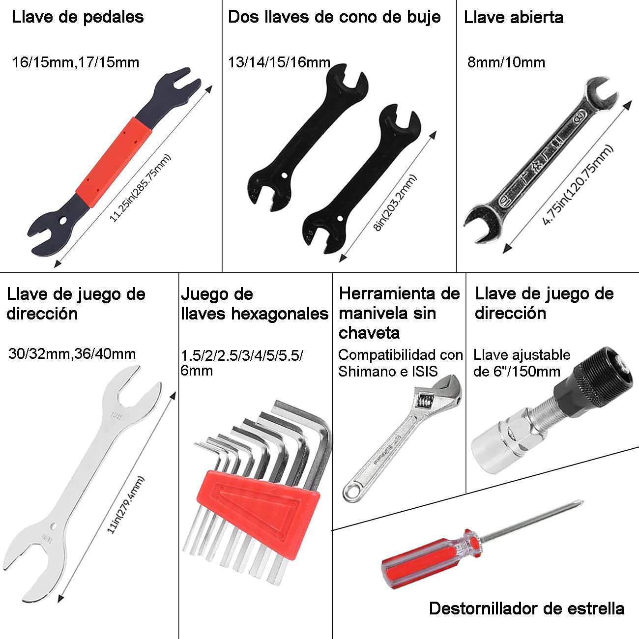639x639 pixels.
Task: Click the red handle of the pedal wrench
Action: [x=114, y=156]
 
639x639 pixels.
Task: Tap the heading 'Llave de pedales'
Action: [x=78, y=17]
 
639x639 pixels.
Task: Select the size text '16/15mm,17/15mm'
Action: [x=76, y=62]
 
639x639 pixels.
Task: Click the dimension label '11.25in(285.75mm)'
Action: [x=140, y=188]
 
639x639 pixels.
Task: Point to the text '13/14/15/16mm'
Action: [x=279, y=62]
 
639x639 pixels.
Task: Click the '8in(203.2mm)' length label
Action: [x=395, y=203]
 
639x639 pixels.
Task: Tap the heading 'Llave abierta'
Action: [x=513, y=17]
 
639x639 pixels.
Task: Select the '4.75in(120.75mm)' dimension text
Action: [x=578, y=185]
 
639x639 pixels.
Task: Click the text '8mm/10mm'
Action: [x=506, y=62]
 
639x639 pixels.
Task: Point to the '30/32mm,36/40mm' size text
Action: [x=72, y=353]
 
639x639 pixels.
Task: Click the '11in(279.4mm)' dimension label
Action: [x=126, y=505]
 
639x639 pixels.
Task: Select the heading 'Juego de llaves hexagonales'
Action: [x=254, y=304]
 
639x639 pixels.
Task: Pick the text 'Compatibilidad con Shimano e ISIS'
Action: [x=400, y=363]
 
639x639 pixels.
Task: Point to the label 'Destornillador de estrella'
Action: [x=526, y=609]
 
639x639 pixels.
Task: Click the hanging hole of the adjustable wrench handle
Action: [x=352, y=492]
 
